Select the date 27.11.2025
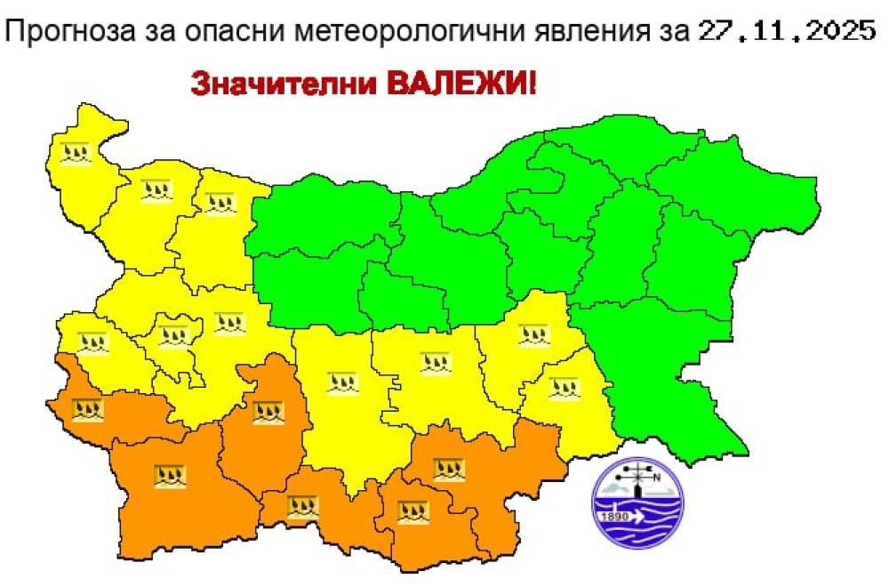tap(784, 32)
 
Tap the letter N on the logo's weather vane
tap(658, 477)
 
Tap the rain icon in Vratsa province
tap(217, 202)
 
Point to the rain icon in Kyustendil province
tap(89, 410)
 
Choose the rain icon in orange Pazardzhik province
tap(267, 411)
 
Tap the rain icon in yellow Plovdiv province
tap(342, 383)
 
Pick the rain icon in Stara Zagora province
tap(435, 362)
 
